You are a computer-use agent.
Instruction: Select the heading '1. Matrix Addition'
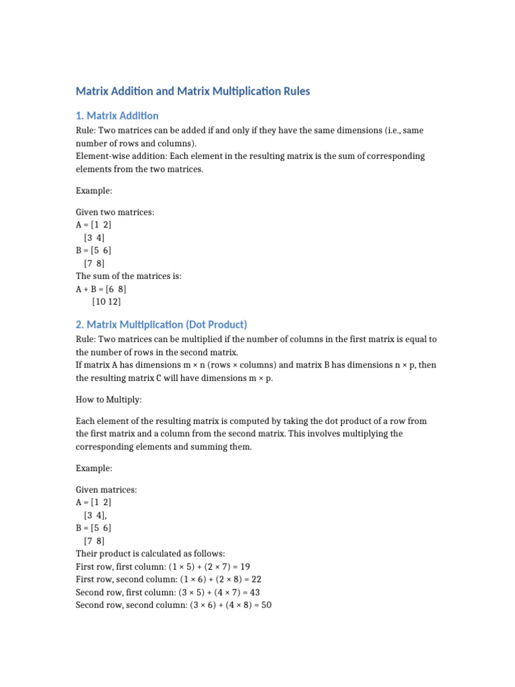tap(117, 115)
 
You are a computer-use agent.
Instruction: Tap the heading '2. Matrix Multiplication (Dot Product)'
tap(162, 325)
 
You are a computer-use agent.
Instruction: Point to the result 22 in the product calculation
tap(255, 580)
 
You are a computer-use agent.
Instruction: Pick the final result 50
tap(266, 605)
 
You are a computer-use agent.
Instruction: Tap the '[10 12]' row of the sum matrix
tap(107, 302)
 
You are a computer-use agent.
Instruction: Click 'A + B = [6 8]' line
tap(101, 289)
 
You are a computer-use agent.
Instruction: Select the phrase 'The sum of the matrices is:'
tap(129, 276)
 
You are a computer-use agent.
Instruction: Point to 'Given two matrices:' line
tap(115, 213)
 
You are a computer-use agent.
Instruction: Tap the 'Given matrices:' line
tap(107, 490)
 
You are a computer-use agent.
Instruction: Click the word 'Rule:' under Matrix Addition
tap(87, 130)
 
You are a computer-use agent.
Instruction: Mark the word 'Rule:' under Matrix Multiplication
tap(87, 339)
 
